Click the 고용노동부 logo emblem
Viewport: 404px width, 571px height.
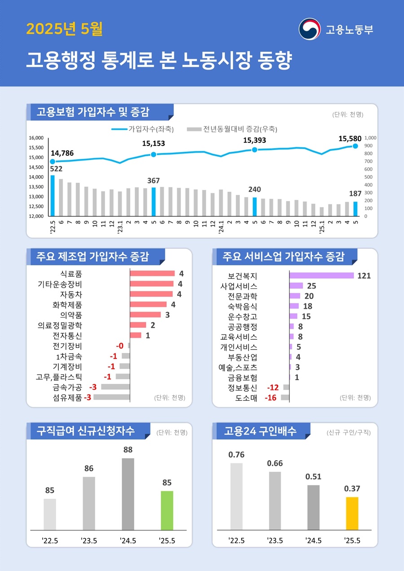(x=310, y=29)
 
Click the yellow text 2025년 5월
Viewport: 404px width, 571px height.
(x=64, y=30)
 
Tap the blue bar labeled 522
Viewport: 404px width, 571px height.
(x=53, y=196)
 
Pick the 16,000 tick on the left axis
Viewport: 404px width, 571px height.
(x=36, y=138)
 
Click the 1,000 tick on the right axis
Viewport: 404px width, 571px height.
(x=372, y=138)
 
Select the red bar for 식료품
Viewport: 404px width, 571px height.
(x=152, y=273)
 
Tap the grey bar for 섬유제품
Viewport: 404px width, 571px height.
(x=111, y=397)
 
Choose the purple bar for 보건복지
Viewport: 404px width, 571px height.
(x=321, y=276)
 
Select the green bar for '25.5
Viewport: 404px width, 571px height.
(x=167, y=510)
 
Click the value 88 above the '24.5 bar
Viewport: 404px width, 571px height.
(x=128, y=450)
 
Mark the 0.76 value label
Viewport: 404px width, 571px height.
(x=237, y=455)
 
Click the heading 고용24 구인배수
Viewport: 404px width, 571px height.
(x=260, y=431)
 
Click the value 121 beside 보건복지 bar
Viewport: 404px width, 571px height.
(x=364, y=276)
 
